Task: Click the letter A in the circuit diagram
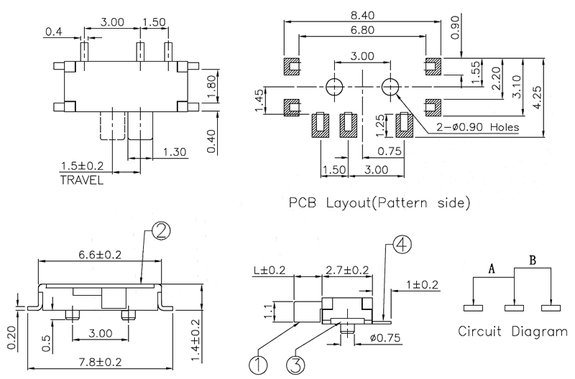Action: point(492,269)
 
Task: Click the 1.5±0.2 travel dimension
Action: point(80,167)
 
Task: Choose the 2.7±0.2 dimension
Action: point(347,271)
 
